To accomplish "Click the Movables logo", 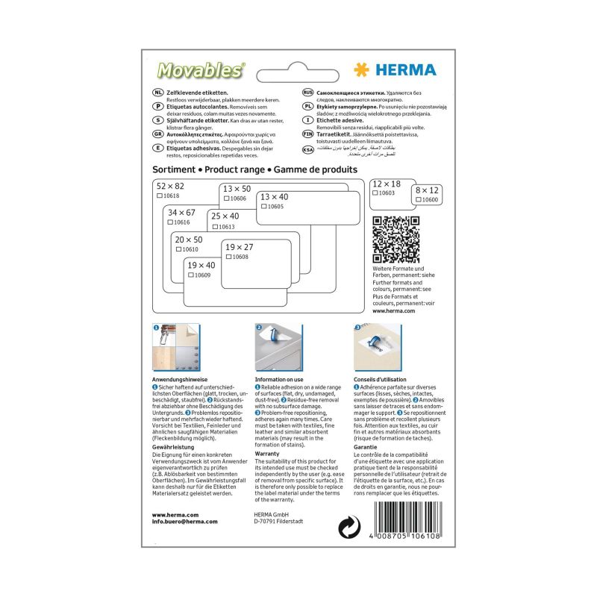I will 200,70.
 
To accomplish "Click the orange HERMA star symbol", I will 362,70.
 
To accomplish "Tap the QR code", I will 396,239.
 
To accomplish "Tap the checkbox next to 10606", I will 226,199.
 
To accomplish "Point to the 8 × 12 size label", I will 427,191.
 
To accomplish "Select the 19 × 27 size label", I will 240,247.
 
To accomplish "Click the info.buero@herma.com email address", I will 184,522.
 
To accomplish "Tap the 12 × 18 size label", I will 386,184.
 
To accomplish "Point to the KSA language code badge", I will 307,149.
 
